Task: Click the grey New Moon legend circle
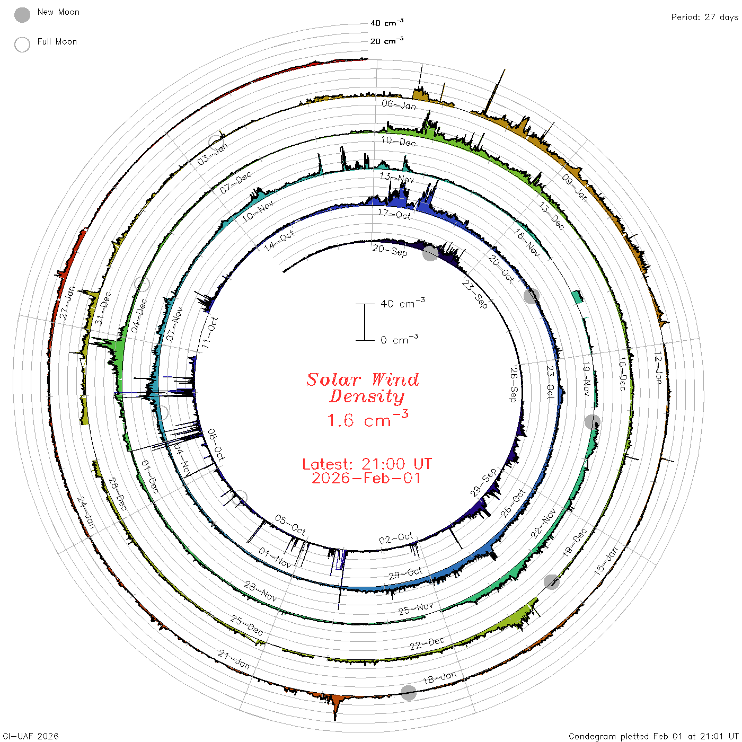point(22,15)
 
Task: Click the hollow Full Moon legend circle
point(22,45)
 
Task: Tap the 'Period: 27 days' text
point(704,17)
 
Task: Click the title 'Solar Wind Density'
point(363,388)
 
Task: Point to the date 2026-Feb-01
point(366,478)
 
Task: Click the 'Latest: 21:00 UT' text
point(367,464)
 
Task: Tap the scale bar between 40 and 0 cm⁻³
point(364,322)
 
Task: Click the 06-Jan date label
point(399,104)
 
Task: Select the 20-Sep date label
point(390,251)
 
